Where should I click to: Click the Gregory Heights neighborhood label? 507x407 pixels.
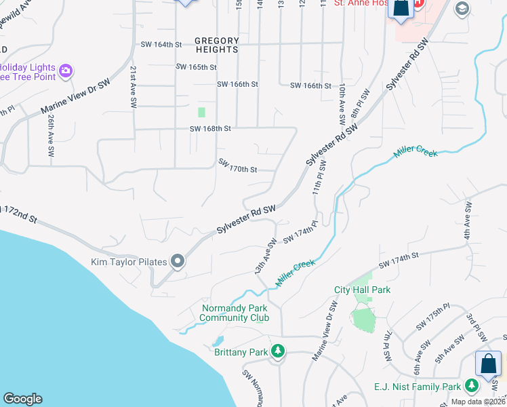(217, 45)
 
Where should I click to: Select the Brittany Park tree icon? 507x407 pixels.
(277, 351)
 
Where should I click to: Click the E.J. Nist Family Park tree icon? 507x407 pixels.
(471, 387)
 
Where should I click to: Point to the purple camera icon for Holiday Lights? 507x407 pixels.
(66, 70)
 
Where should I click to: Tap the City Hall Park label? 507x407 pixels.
(362, 290)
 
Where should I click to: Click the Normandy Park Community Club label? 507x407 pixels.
(235, 313)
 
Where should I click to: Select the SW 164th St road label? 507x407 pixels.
(161, 45)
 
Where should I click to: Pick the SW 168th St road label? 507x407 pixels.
(210, 128)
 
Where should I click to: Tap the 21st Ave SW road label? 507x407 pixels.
(134, 88)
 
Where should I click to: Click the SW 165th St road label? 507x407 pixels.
(196, 67)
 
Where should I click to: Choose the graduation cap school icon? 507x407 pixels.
(463, 8)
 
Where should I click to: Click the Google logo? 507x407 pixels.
(22, 399)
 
